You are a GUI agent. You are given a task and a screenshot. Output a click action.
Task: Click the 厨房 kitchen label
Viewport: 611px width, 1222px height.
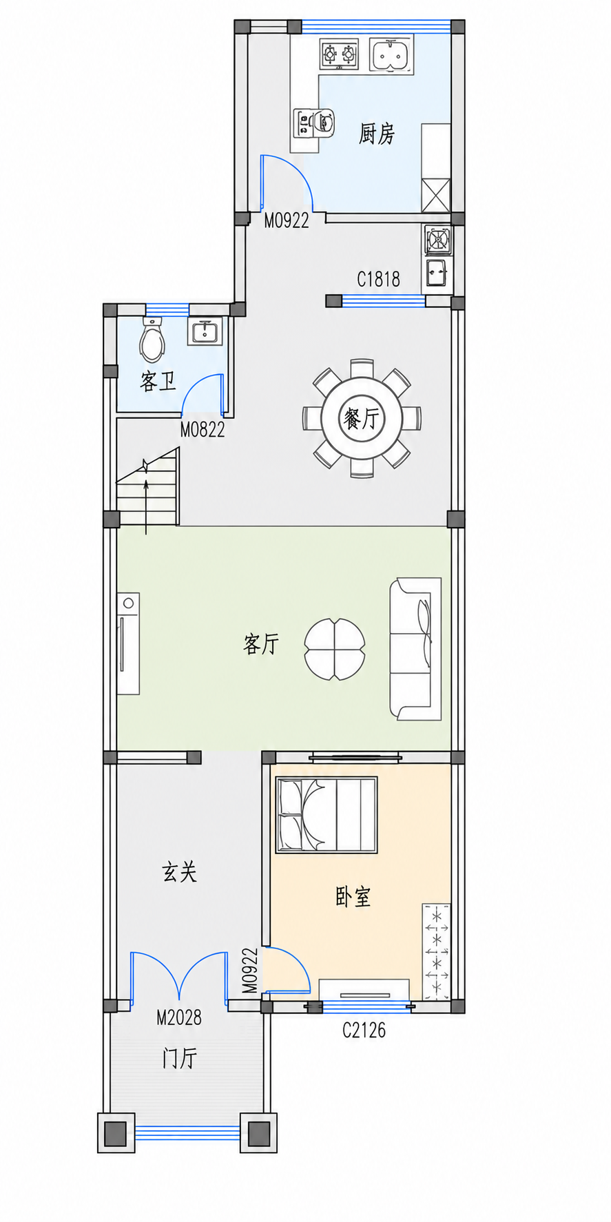click(377, 133)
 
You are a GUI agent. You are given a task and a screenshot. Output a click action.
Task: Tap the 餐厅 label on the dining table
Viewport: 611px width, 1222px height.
click(362, 418)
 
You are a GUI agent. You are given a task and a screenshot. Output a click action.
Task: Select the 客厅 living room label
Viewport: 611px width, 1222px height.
click(261, 644)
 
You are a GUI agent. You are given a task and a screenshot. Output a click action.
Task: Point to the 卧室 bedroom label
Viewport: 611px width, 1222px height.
click(353, 896)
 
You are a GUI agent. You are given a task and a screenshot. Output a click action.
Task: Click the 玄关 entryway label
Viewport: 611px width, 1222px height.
click(179, 872)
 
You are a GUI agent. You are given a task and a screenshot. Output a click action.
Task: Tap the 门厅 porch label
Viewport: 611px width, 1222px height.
click(180, 1058)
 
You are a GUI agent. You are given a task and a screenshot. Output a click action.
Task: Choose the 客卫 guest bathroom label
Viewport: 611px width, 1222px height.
click(158, 381)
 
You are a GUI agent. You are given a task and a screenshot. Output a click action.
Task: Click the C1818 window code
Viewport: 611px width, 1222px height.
click(378, 279)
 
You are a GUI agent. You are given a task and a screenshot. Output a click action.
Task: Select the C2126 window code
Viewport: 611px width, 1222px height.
click(364, 1030)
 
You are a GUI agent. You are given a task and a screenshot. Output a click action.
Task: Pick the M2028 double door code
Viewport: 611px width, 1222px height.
click(179, 1017)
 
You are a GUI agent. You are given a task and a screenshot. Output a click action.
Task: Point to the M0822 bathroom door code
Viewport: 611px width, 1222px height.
click(203, 430)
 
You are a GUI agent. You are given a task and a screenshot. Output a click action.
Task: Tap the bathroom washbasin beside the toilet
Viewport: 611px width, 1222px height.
click(204, 331)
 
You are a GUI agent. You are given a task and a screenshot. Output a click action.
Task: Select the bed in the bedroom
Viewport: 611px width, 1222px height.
click(327, 815)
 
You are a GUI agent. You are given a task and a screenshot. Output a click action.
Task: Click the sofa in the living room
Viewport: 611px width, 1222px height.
click(415, 650)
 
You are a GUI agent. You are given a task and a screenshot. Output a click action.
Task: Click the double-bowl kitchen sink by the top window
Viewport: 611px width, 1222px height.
click(393, 55)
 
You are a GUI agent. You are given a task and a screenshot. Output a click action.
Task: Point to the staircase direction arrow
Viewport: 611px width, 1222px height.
click(146, 496)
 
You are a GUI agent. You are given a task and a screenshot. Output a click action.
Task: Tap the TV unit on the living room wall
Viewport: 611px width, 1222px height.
click(128, 643)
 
